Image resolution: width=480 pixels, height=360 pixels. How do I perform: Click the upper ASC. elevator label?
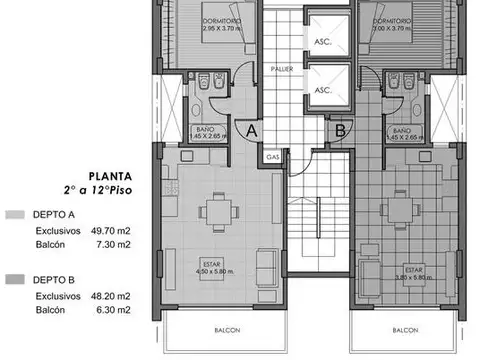323,43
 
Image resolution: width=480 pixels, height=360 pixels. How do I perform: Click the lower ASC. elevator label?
323,89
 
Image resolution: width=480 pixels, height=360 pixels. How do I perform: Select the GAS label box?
273,155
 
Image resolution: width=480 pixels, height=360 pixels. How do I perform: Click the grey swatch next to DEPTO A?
13,214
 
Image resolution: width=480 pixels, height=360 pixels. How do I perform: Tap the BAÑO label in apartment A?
203,130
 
